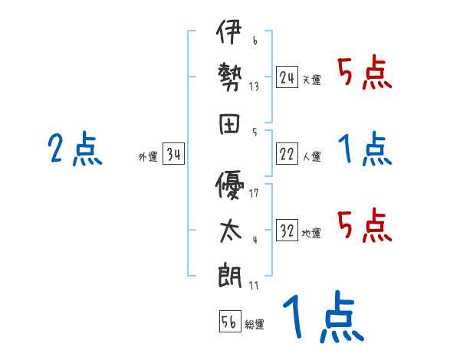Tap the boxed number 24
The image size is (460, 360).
[x=287, y=77]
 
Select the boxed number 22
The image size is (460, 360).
[x=287, y=154]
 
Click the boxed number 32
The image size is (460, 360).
[x=287, y=231]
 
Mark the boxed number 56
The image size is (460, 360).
[x=229, y=322]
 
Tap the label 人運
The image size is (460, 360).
[x=311, y=156]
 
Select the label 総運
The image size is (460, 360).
[x=255, y=324]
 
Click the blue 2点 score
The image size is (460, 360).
[x=75, y=149]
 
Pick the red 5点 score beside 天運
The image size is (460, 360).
[x=365, y=74]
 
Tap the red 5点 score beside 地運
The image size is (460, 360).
[x=365, y=225]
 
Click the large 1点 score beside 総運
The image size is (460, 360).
[x=322, y=317]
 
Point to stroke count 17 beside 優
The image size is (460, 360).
[x=254, y=193]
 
